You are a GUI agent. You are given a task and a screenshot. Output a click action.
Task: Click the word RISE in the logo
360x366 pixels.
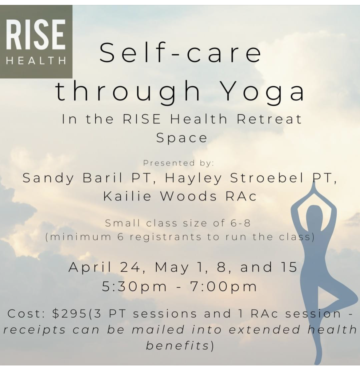[35, 34]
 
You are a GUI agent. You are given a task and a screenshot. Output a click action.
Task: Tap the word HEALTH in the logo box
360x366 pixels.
[36, 61]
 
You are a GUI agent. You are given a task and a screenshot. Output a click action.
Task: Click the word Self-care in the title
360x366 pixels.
[180, 53]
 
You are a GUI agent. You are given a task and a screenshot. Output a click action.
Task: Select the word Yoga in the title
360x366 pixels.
[263, 92]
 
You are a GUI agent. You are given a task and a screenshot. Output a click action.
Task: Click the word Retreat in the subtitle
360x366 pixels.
[269, 119]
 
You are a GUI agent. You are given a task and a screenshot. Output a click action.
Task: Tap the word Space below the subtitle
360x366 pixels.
[182, 138]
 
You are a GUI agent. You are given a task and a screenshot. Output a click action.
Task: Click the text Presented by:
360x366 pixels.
[178, 163]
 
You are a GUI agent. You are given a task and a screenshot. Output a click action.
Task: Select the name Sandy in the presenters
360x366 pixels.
[48, 179]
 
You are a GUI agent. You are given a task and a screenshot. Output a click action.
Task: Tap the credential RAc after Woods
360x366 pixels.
[241, 196]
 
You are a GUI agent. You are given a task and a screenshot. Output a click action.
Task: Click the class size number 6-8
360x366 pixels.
[241, 223]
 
